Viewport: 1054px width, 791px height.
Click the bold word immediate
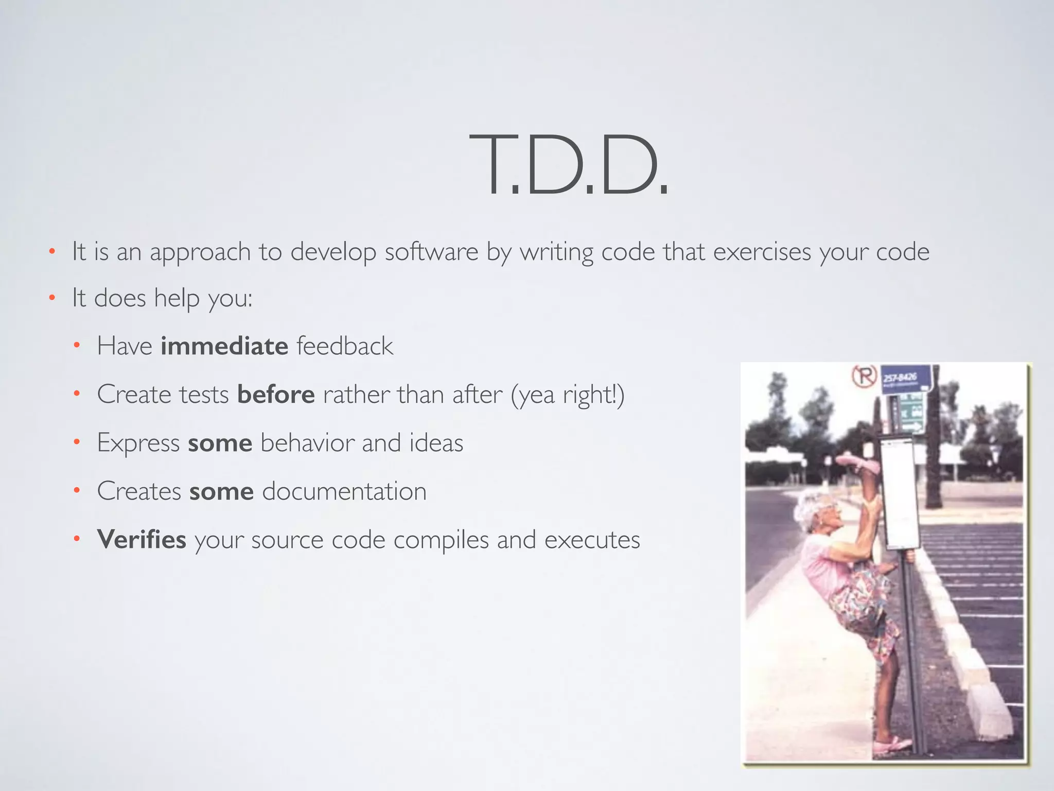coord(224,346)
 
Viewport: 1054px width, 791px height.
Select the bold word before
coord(276,395)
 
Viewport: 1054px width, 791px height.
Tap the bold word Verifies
coord(142,540)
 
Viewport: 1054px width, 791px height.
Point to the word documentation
coord(344,491)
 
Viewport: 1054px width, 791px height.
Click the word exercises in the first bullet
coord(762,252)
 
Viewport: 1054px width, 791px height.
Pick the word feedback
coord(345,346)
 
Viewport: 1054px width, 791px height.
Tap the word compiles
coord(441,540)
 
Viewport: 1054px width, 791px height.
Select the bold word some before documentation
coord(221,491)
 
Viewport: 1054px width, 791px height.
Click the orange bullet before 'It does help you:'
coord(51,298)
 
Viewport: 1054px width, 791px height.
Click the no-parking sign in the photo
coord(864,376)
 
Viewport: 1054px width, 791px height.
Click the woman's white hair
coord(808,507)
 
